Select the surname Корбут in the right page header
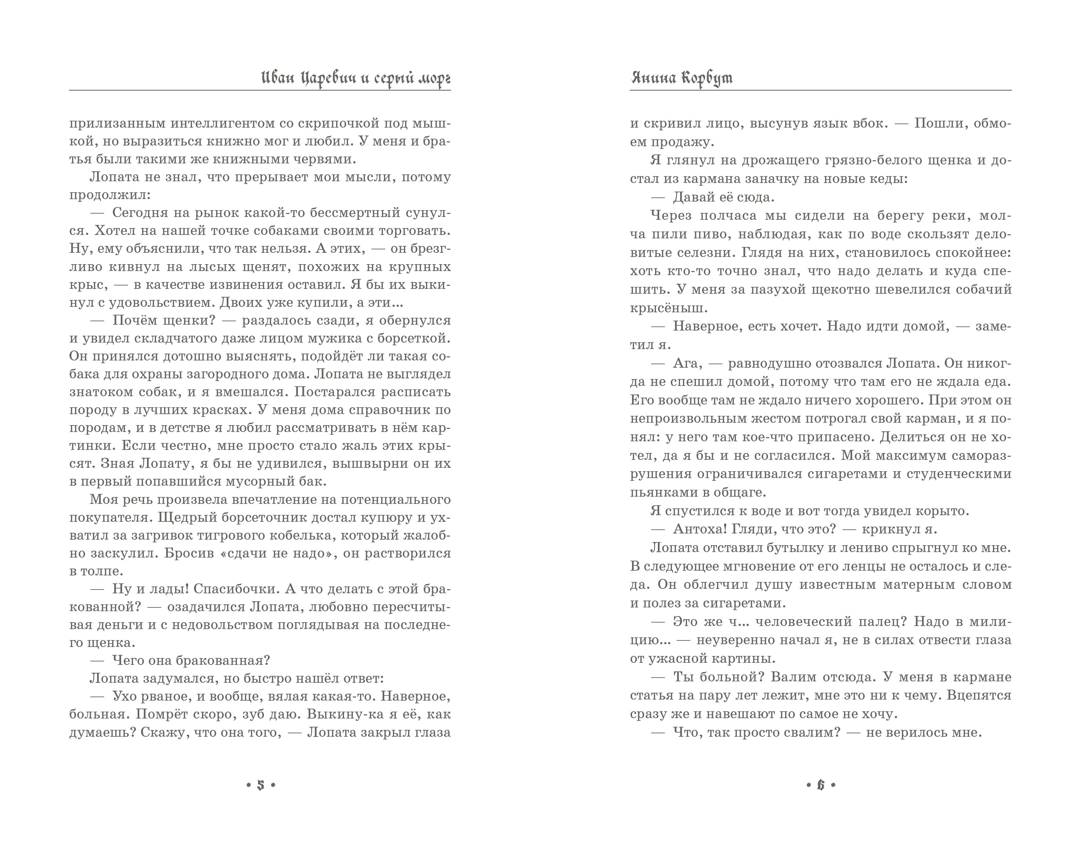[x=709, y=78]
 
